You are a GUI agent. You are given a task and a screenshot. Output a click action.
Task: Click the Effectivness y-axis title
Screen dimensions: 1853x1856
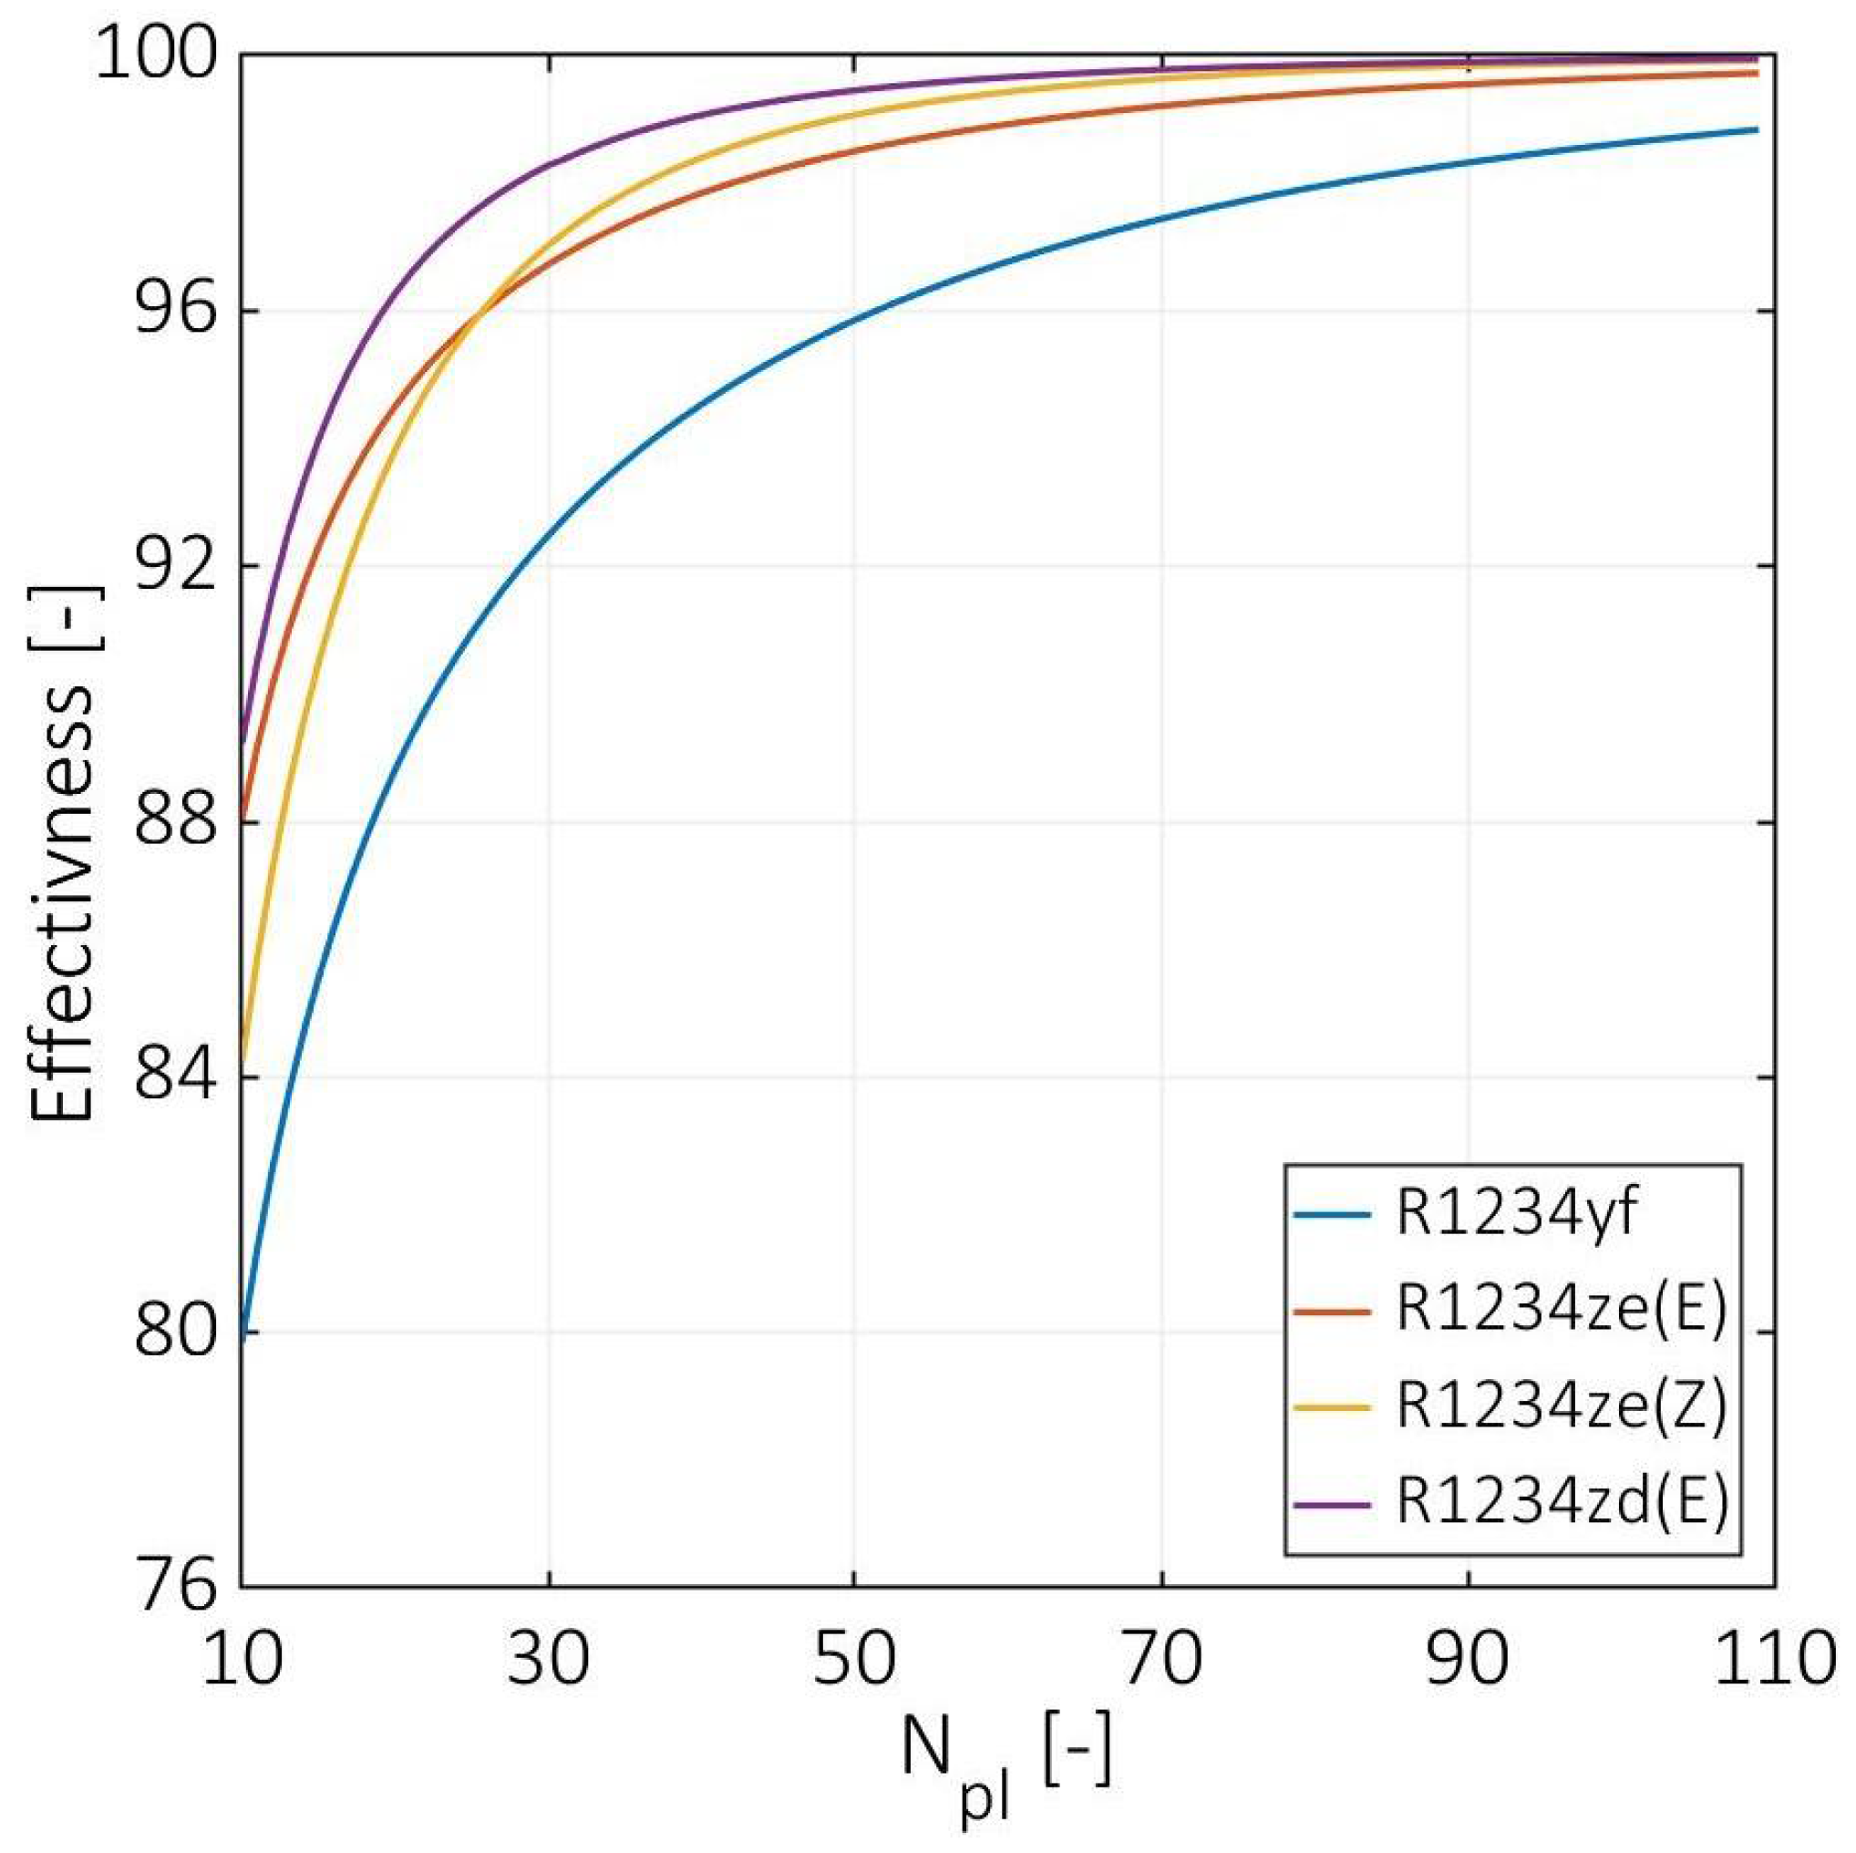point(62,850)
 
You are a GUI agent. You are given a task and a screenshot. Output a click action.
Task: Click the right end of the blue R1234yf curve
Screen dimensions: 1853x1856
point(1755,129)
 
